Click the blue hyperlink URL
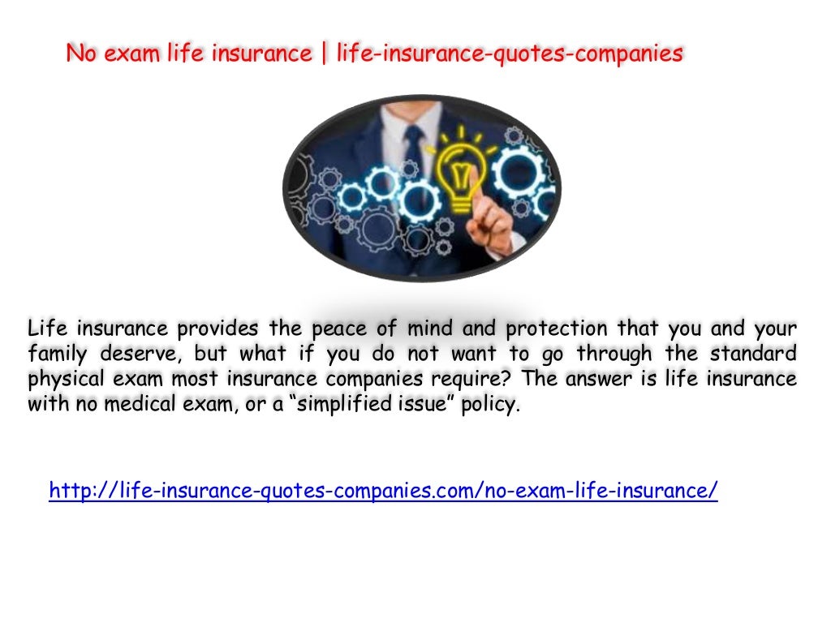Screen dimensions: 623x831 (x=383, y=491)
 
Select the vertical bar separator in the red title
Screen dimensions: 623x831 (x=325, y=54)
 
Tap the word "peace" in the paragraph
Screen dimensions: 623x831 (x=340, y=329)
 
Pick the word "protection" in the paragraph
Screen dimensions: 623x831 (x=556, y=329)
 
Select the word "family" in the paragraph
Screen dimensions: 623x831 (x=55, y=354)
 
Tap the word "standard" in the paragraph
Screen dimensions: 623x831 (x=753, y=354)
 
